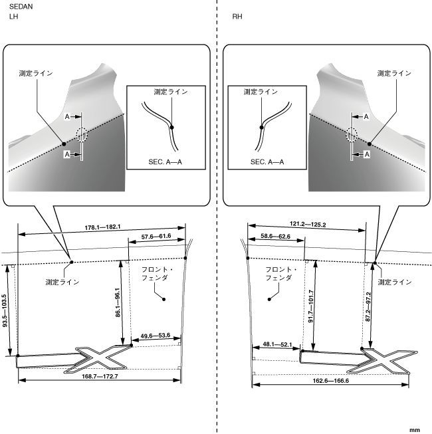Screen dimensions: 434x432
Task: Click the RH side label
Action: [x=237, y=17]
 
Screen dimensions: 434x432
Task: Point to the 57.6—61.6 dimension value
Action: [x=158, y=236]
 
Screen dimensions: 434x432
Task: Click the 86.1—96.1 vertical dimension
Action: [x=118, y=304]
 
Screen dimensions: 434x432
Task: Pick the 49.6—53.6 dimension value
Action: [x=156, y=336]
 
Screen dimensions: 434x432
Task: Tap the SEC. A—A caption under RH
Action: [x=267, y=162]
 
